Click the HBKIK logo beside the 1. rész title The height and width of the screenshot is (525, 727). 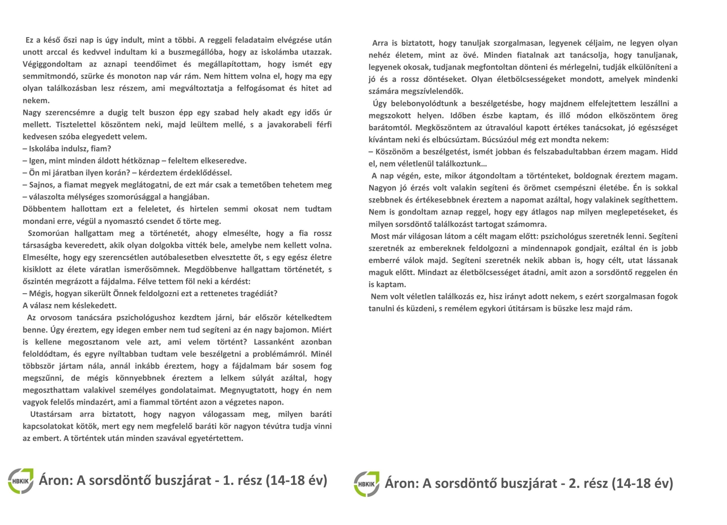point(20,481)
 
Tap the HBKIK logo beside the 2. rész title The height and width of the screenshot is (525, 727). point(366,484)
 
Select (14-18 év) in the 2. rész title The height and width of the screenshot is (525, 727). point(642,483)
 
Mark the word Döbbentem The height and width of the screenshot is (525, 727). point(44,209)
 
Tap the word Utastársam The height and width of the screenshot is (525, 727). point(51,414)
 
